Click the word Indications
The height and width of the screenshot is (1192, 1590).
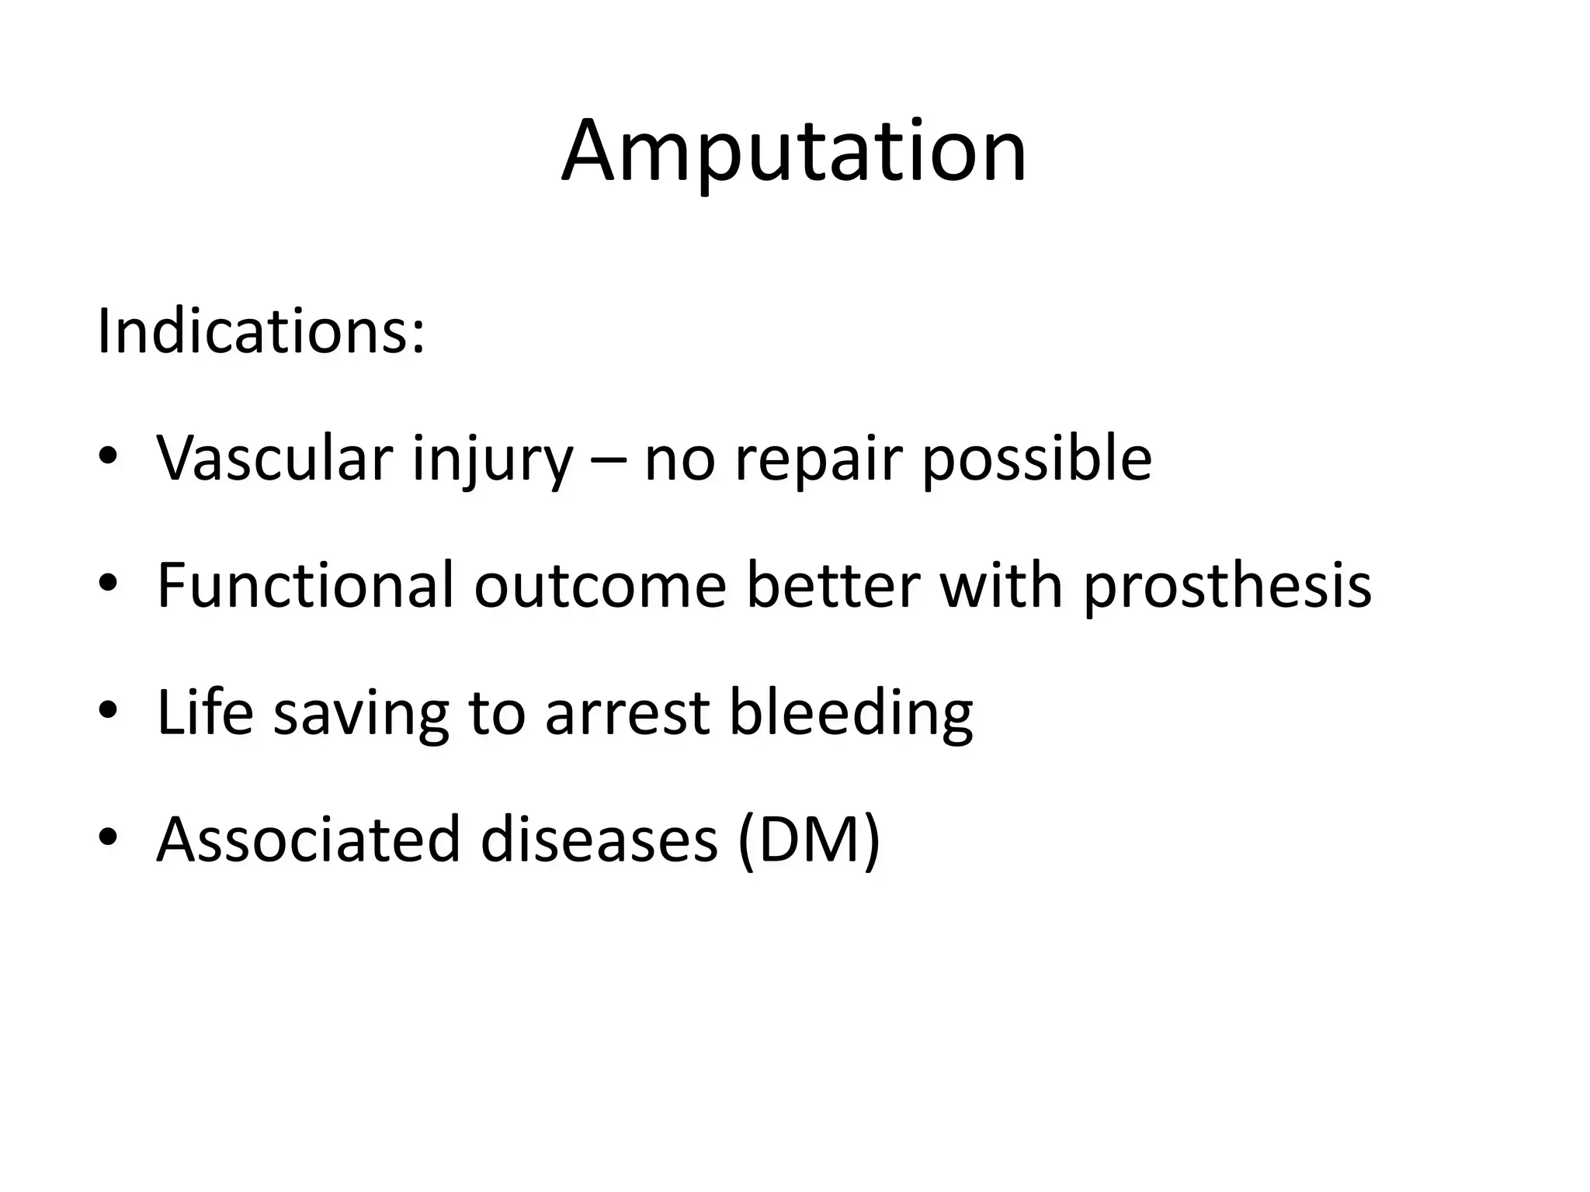[260, 332]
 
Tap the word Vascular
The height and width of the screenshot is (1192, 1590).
[274, 459]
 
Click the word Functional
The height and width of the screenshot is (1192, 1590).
[304, 585]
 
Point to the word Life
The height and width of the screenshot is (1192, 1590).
[205, 712]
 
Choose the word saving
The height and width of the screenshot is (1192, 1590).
[361, 716]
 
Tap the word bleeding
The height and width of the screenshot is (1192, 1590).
[850, 716]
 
